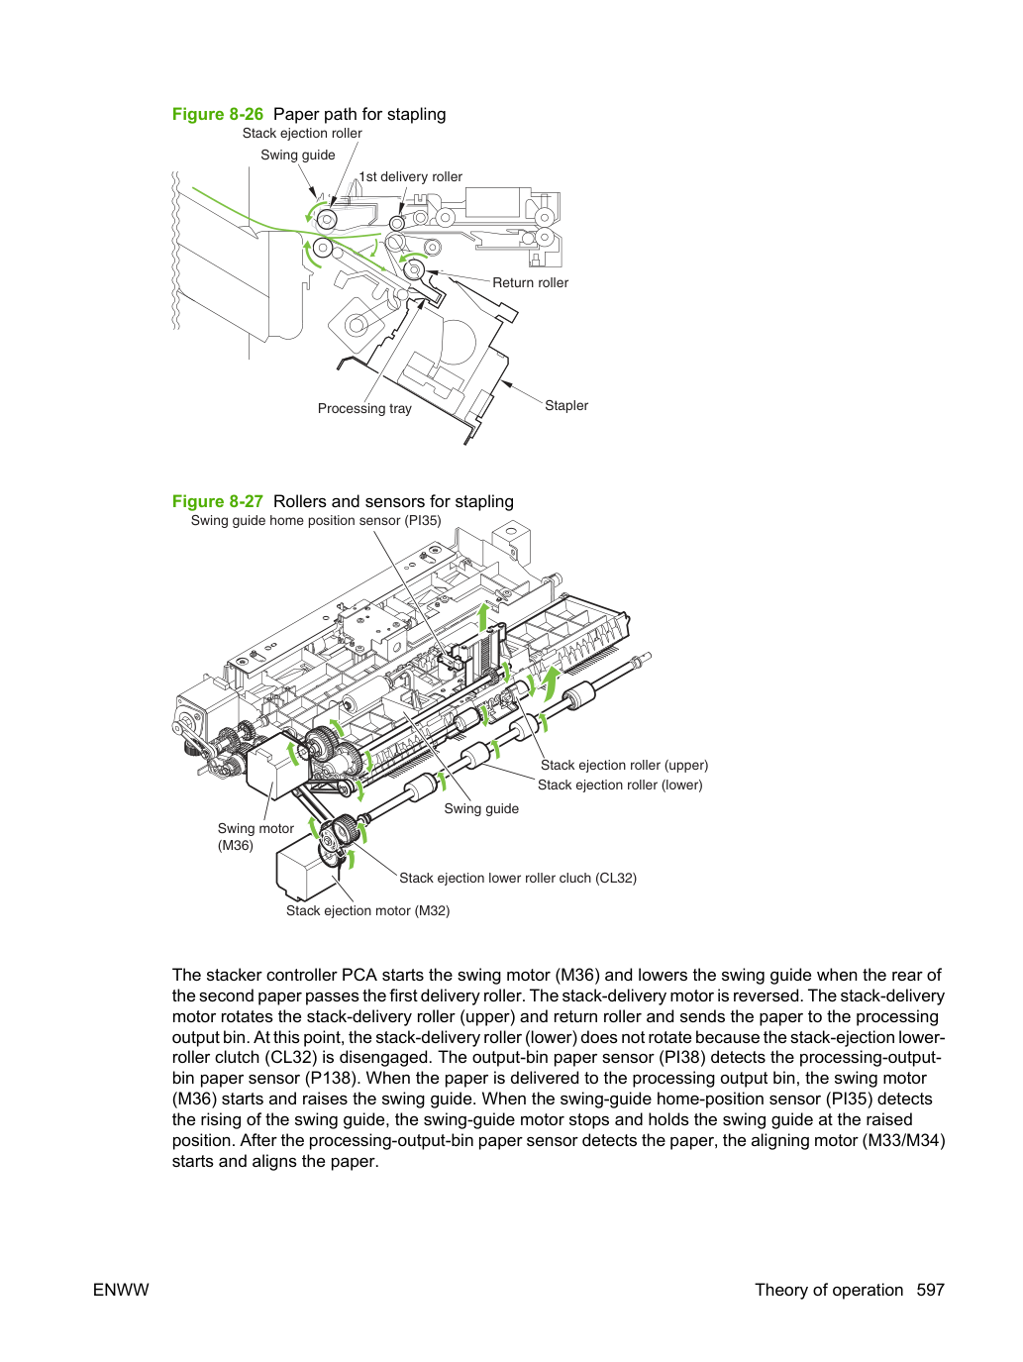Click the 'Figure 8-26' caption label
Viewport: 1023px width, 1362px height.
click(217, 114)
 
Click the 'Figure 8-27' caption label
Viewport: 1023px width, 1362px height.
click(217, 501)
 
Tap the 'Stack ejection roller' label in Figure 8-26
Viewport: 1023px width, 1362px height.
click(302, 134)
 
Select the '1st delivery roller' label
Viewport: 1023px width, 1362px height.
click(411, 177)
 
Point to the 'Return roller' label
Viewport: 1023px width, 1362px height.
click(531, 283)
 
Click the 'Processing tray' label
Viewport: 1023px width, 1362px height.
click(364, 409)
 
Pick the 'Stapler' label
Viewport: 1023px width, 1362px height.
click(566, 406)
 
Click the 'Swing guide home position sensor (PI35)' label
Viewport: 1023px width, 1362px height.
click(316, 521)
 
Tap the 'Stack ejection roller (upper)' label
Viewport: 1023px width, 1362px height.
click(624, 765)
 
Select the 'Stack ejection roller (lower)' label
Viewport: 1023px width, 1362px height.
click(620, 785)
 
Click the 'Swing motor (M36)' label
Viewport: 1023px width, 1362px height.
click(256, 836)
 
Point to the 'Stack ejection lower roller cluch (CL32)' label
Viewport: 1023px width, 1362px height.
click(518, 878)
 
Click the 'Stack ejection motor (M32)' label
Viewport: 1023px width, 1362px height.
click(367, 911)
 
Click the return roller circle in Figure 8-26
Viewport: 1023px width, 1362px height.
click(414, 270)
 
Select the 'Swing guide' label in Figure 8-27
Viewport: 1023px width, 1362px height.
click(481, 809)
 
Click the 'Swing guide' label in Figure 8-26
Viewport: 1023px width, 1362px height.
click(298, 156)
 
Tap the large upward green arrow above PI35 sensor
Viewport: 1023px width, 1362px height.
click(483, 617)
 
